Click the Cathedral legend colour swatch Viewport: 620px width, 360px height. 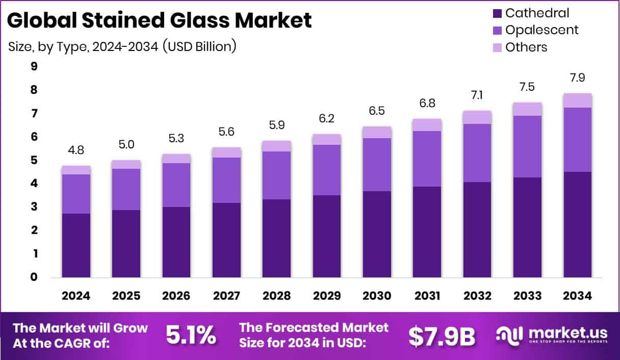[x=498, y=13]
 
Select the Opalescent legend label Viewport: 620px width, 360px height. [x=541, y=30]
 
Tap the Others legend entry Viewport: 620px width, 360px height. [x=526, y=47]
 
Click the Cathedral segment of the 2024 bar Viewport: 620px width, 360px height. [x=76, y=245]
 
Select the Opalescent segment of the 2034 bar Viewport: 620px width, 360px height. [x=578, y=140]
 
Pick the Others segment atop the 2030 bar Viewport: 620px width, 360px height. [x=377, y=132]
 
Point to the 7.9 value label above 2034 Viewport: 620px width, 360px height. [x=578, y=79]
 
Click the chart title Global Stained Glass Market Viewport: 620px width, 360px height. [x=159, y=20]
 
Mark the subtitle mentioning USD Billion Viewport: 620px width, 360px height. [x=122, y=46]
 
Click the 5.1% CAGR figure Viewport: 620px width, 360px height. [x=191, y=336]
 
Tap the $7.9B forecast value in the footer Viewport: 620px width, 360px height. [x=442, y=336]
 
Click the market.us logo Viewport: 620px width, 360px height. [x=552, y=336]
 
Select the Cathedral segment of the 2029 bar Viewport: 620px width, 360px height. [x=327, y=236]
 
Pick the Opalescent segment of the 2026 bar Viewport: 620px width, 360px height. [x=176, y=185]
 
